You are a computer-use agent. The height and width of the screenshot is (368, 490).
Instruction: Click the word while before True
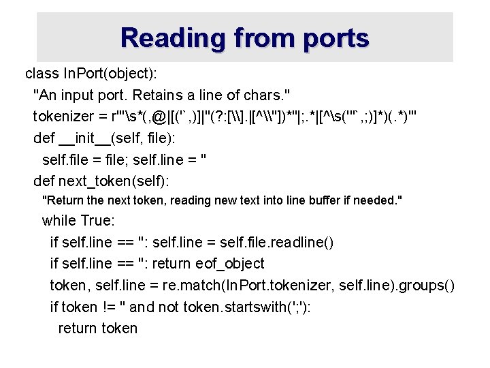coord(59,221)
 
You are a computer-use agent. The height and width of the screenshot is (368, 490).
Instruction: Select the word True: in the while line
coord(98,221)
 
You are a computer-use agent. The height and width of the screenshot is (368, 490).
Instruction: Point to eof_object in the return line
coord(231,263)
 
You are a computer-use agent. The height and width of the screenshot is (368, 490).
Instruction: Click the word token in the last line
coord(119,328)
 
